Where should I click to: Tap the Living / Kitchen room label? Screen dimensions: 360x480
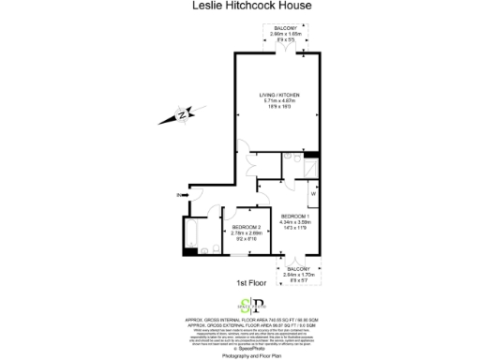[278, 95]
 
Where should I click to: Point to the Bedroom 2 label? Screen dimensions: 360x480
[247, 228]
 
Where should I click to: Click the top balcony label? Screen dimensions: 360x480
[285, 29]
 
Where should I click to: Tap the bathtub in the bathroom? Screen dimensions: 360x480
[190, 232]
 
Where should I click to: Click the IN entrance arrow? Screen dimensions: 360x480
[180, 195]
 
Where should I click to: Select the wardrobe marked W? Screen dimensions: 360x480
[313, 195]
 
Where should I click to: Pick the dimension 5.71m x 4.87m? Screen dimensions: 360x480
[278, 101]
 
